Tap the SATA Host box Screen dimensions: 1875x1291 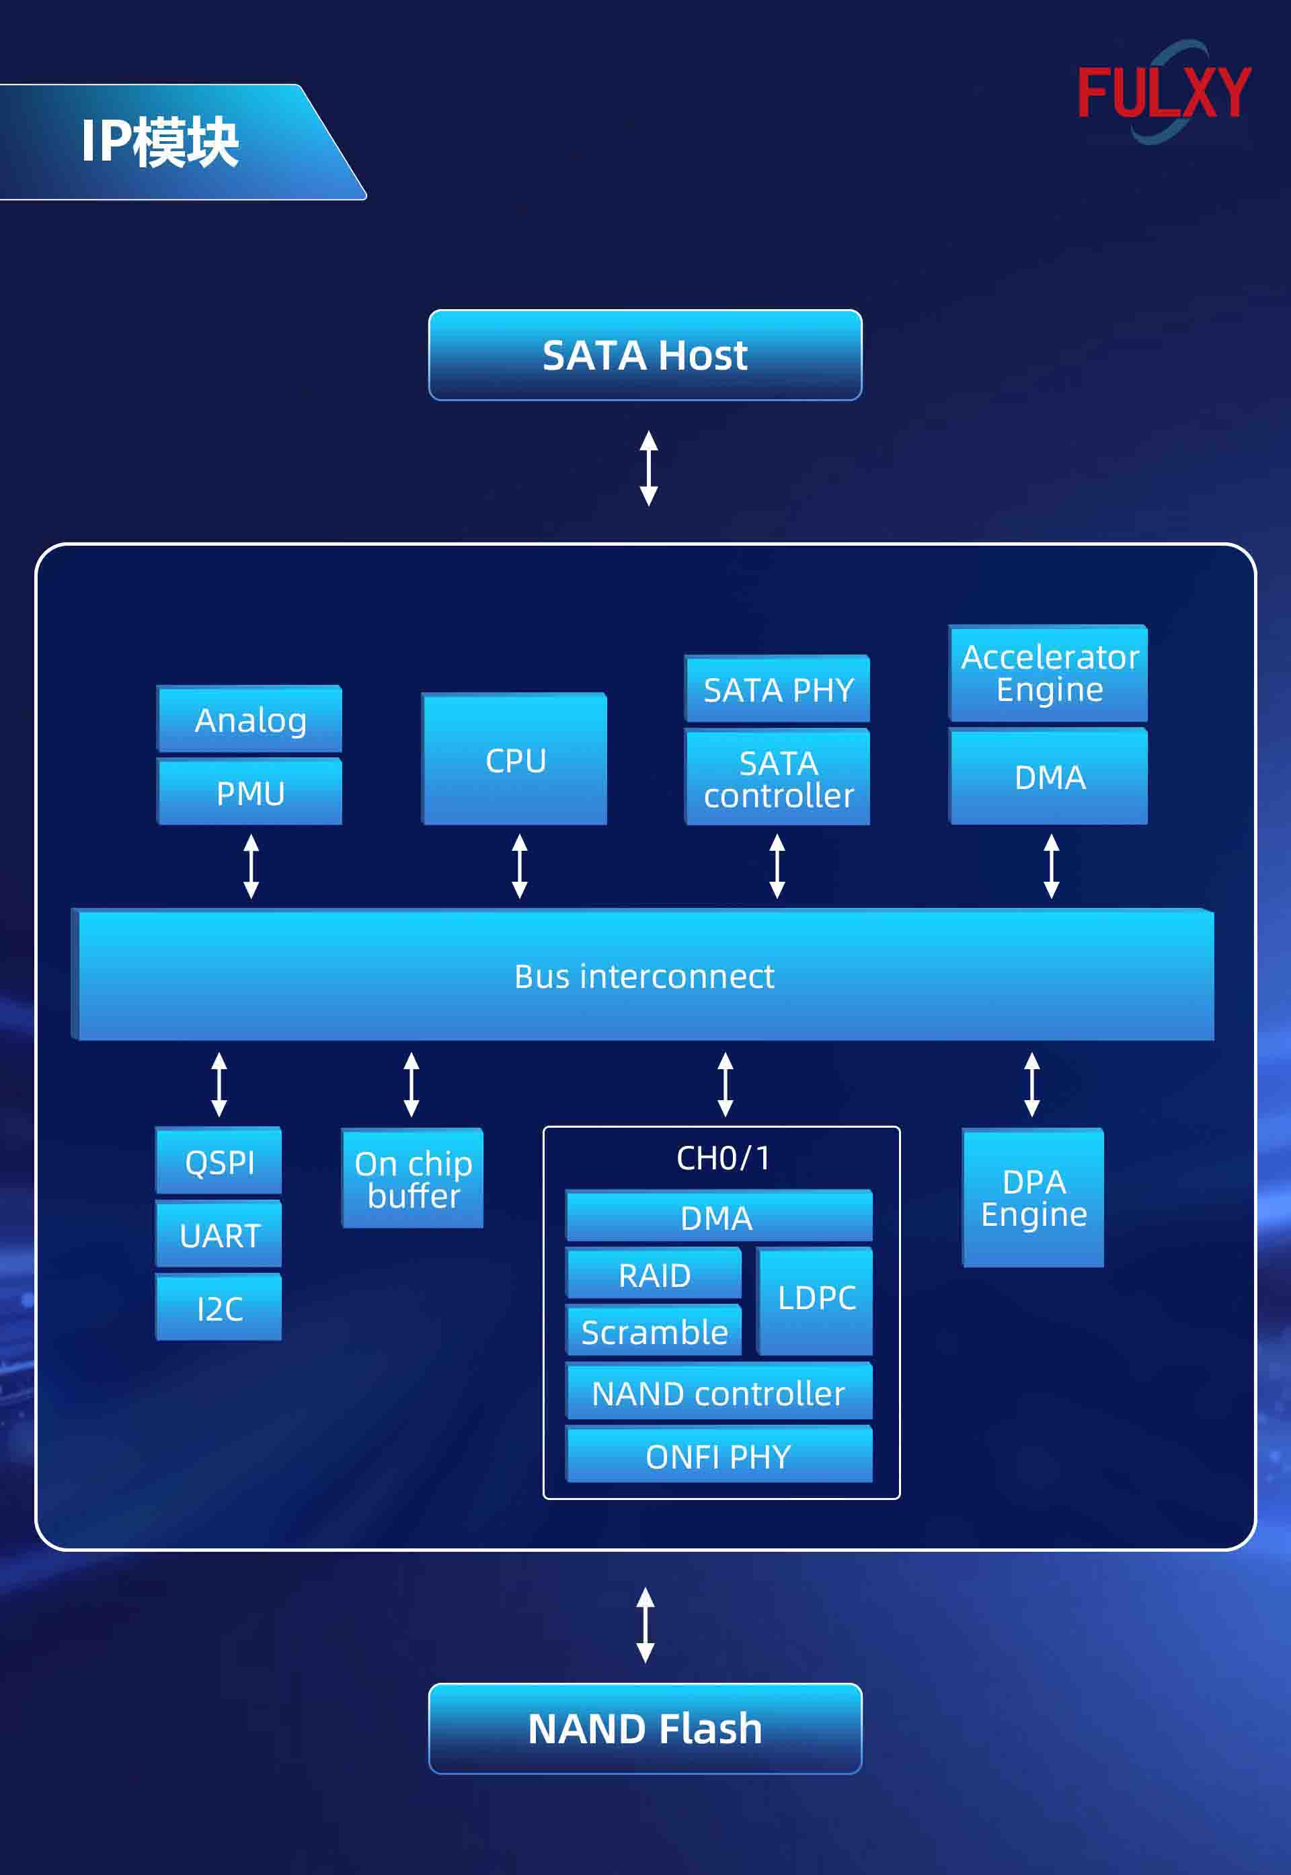click(x=645, y=355)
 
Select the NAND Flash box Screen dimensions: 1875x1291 click(x=645, y=1728)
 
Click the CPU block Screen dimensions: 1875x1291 click(x=514, y=760)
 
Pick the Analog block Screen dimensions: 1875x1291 click(x=250, y=720)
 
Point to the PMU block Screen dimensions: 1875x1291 click(x=250, y=792)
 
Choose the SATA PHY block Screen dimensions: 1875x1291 click(x=777, y=689)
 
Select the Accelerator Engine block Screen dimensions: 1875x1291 click(x=1049, y=673)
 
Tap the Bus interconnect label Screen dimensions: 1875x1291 click(x=645, y=976)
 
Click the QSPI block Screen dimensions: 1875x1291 click(x=219, y=1162)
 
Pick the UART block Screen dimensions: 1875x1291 click(x=219, y=1235)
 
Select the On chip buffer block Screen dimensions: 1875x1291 click(x=414, y=1179)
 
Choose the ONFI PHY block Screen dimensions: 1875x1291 click(x=718, y=1456)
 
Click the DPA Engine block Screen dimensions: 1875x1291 click(x=1033, y=1198)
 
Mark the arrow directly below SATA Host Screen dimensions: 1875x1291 click(x=649, y=468)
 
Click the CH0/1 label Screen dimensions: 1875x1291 click(x=722, y=1158)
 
